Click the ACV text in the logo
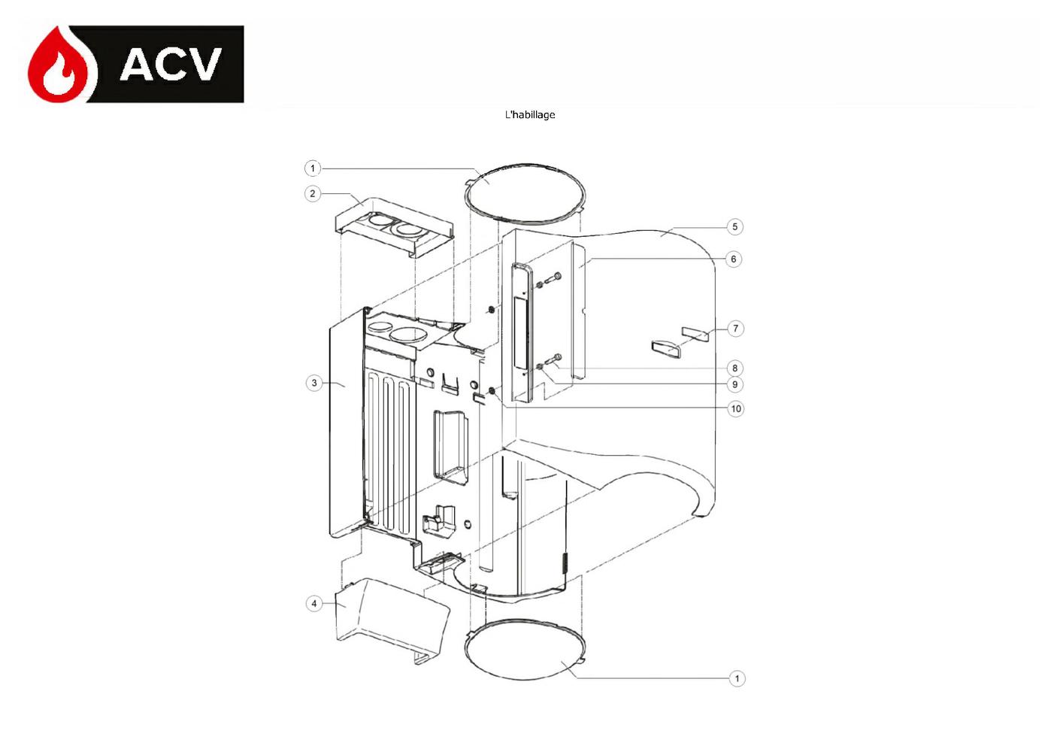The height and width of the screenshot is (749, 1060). [171, 64]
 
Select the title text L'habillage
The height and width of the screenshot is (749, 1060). [529, 114]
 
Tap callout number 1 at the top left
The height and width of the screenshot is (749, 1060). [312, 168]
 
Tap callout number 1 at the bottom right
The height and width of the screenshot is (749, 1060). [737, 678]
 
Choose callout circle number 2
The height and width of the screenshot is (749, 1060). [312, 193]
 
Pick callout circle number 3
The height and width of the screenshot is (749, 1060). [314, 383]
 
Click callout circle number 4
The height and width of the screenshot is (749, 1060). [313, 604]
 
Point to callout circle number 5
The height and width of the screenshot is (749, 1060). [734, 227]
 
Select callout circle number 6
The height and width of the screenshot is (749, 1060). [734, 259]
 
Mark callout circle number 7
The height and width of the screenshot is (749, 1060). [735, 328]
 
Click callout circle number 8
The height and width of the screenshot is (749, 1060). [734, 368]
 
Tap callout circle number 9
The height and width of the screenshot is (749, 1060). [734, 384]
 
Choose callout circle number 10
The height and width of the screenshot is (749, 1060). [736, 408]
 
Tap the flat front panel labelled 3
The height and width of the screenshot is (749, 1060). [346, 426]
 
